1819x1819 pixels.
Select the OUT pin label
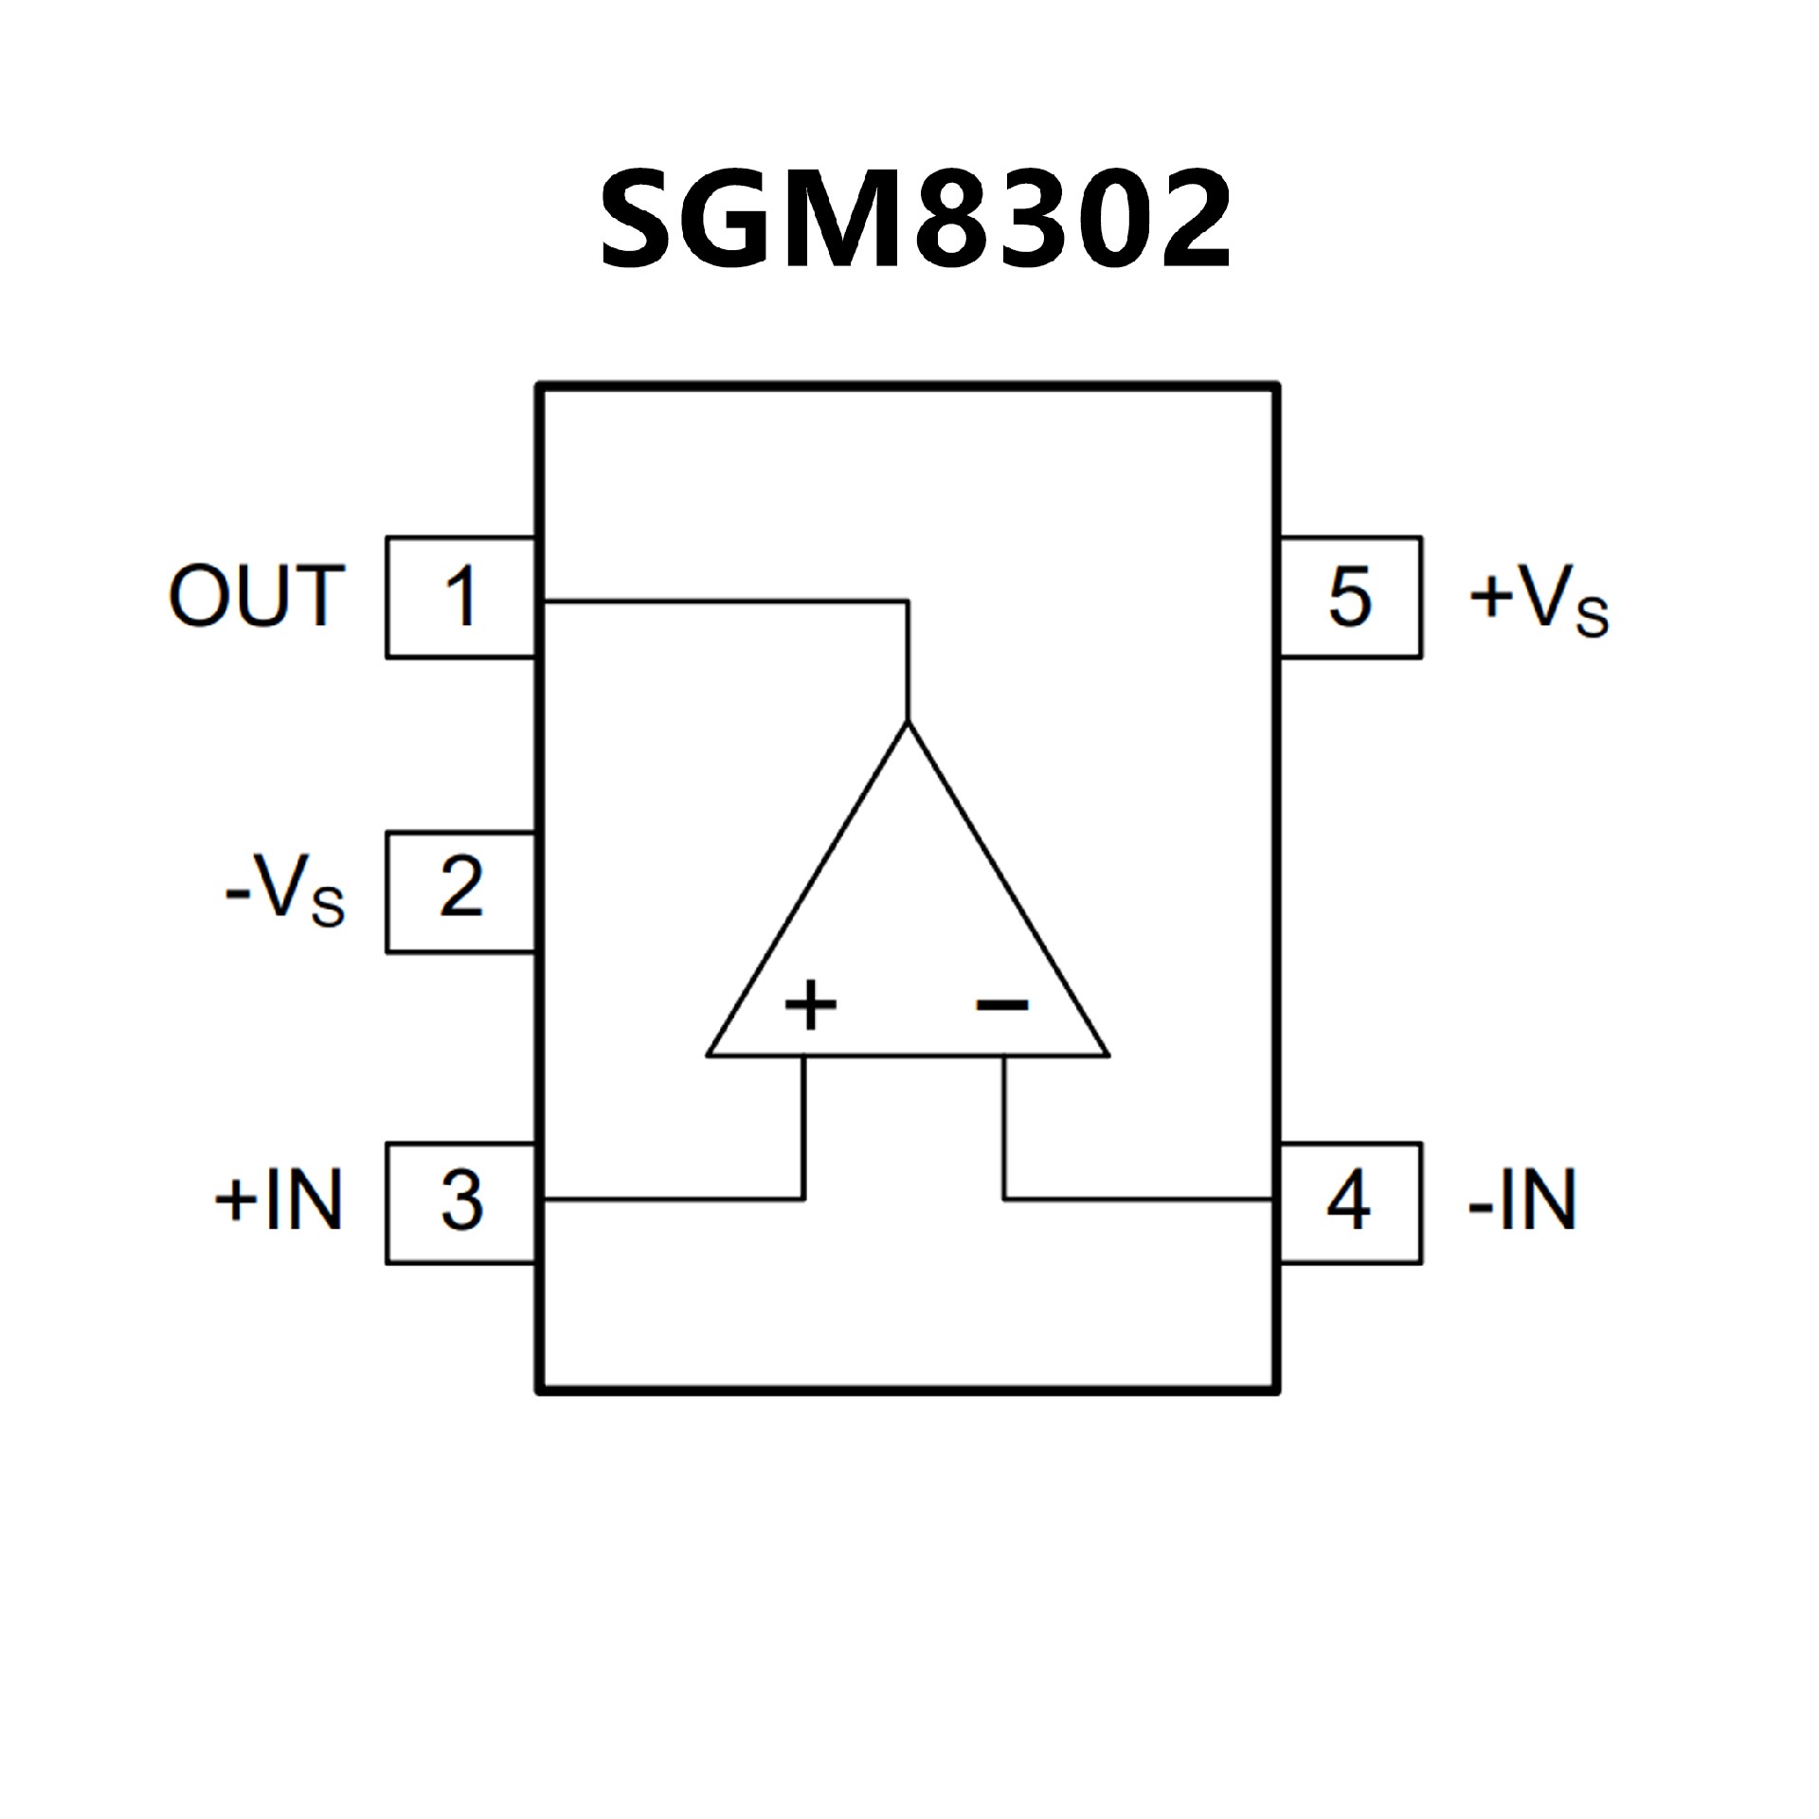[256, 596]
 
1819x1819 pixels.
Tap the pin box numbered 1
[461, 597]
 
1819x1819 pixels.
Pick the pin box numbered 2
[461, 891]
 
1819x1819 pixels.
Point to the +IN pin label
[279, 1200]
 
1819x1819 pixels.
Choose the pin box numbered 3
[461, 1202]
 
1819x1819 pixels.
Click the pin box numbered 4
[1350, 1202]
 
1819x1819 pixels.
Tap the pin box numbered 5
[1350, 597]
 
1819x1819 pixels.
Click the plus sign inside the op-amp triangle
[811, 1004]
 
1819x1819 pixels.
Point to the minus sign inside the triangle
[1002, 1004]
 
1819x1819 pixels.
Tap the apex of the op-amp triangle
[909, 724]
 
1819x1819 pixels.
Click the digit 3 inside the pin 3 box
[461, 1201]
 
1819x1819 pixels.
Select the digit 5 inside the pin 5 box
[1350, 597]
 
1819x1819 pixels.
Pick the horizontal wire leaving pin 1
[720, 601]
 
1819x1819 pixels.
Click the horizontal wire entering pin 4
[1137, 1199]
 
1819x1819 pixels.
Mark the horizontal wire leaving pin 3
[673, 1199]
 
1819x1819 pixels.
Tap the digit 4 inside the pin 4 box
[1349, 1201]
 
